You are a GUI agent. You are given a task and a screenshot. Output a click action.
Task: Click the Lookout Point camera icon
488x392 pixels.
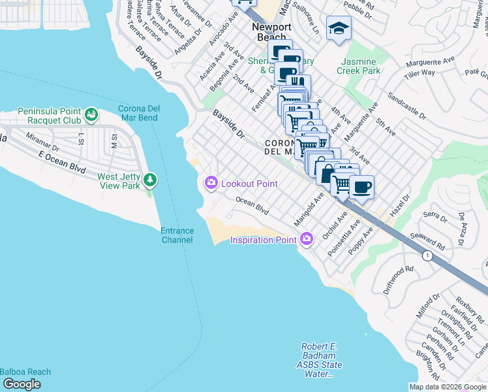click(211, 184)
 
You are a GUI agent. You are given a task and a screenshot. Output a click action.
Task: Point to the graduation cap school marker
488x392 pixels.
click(339, 28)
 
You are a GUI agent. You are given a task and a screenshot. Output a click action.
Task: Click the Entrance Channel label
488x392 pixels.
click(177, 235)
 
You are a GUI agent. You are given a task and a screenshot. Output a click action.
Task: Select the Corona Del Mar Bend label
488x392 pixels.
click(138, 112)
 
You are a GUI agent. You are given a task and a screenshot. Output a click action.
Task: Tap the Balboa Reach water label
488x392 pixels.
click(25, 372)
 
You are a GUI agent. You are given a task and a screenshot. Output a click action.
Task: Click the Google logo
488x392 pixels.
click(22, 384)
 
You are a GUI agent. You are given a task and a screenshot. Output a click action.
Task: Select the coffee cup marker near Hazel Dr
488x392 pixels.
click(361, 187)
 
